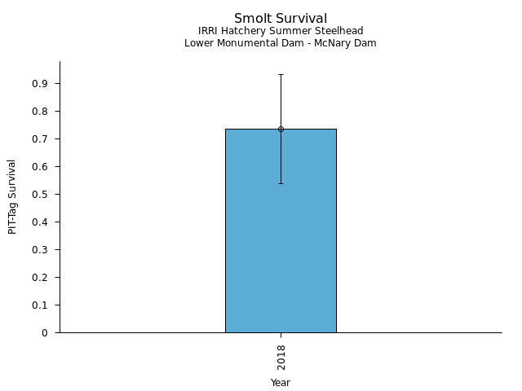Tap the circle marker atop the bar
[x=281, y=129]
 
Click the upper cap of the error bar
[x=281, y=74]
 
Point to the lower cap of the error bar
[x=281, y=183]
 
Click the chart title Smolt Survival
[x=281, y=18]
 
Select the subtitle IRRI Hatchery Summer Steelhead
[x=281, y=31]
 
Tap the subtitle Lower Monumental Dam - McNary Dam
[x=281, y=43]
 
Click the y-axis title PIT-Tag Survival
[x=12, y=196]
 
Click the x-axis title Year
[x=281, y=383]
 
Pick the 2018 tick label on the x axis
[x=281, y=357]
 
